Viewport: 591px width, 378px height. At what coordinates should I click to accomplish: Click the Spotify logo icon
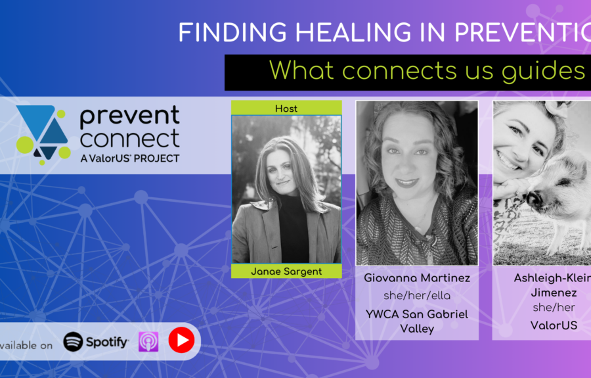pyautogui.click(x=73, y=342)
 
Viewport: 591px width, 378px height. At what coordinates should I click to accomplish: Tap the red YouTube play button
pyautogui.click(x=181, y=341)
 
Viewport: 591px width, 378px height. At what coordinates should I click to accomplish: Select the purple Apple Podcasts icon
pyautogui.click(x=148, y=342)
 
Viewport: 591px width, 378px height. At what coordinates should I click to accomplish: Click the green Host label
pyautogui.click(x=286, y=108)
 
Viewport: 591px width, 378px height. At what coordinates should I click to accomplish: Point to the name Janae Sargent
pyautogui.click(x=286, y=271)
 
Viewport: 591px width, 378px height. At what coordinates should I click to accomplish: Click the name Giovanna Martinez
pyautogui.click(x=416, y=278)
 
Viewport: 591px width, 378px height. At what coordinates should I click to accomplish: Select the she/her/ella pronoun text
pyautogui.click(x=416, y=296)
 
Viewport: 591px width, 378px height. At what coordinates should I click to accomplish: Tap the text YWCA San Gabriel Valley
pyautogui.click(x=416, y=321)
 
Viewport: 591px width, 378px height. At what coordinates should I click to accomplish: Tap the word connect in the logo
pyautogui.click(x=129, y=139)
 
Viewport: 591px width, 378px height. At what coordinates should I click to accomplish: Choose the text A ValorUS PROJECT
pyautogui.click(x=129, y=158)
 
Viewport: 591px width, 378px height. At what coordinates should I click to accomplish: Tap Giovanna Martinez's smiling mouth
pyautogui.click(x=408, y=182)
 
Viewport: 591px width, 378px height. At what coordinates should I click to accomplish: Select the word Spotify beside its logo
pyautogui.click(x=107, y=342)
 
